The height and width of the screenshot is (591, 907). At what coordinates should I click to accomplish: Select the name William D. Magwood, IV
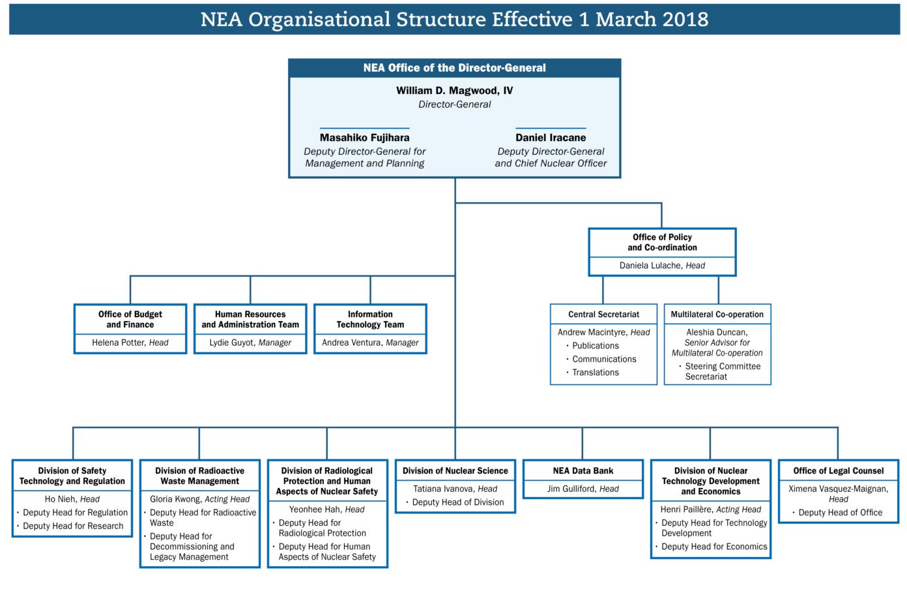(x=454, y=91)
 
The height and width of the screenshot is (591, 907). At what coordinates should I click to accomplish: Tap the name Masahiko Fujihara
(x=364, y=138)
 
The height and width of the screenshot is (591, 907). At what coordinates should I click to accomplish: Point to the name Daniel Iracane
(x=551, y=138)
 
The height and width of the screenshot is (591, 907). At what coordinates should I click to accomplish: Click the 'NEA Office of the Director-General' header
(x=454, y=68)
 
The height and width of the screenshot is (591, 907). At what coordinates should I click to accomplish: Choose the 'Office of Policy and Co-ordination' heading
(x=662, y=242)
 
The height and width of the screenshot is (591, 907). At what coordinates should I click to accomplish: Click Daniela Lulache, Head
(x=662, y=265)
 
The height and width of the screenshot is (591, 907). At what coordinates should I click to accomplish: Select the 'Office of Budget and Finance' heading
(x=130, y=319)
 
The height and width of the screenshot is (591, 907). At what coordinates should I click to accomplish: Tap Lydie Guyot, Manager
(x=250, y=342)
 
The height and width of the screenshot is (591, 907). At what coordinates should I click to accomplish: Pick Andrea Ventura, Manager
(x=370, y=342)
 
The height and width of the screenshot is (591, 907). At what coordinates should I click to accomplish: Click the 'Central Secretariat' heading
(x=603, y=314)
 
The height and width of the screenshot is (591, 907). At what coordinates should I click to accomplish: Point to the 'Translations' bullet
(x=596, y=372)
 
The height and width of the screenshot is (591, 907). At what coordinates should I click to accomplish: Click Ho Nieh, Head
(x=72, y=499)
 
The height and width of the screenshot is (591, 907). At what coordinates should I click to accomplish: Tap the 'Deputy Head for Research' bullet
(x=73, y=526)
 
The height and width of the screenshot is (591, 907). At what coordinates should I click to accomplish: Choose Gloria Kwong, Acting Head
(x=199, y=499)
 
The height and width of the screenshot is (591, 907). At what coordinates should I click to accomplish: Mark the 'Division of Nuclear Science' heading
(x=455, y=471)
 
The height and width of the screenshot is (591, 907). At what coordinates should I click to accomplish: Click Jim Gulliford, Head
(x=583, y=489)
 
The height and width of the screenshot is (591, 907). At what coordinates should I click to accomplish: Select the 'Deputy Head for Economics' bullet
(x=714, y=547)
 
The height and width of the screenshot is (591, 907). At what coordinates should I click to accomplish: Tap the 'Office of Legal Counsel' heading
(x=838, y=471)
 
